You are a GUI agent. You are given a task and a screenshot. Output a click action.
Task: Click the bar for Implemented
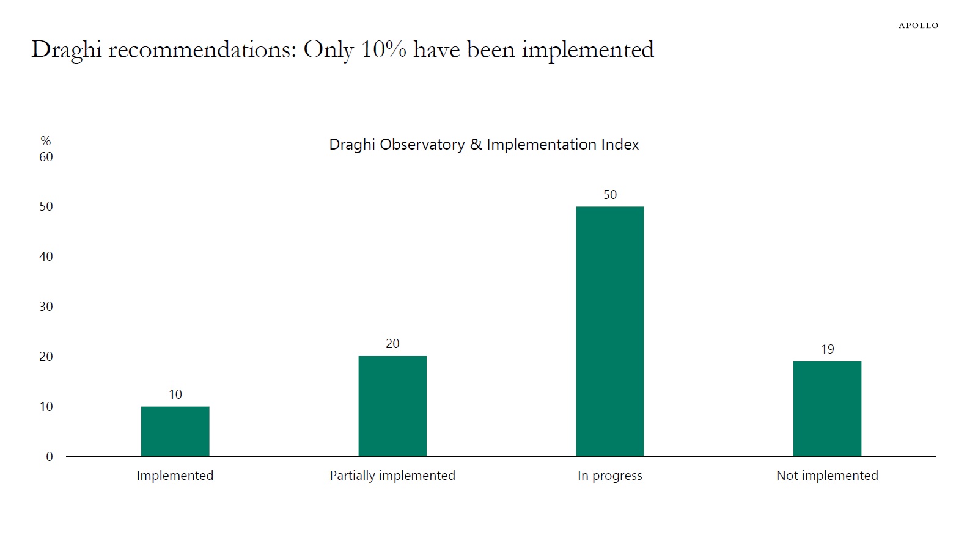tap(175, 431)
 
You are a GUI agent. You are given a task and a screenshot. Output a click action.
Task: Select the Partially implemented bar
tap(392, 406)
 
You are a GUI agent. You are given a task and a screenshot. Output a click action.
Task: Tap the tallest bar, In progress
tap(609, 332)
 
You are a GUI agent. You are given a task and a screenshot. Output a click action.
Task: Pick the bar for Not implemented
tap(827, 408)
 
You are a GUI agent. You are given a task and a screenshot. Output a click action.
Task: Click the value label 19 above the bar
tap(827, 349)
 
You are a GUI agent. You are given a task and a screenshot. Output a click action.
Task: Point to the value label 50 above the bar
tap(609, 195)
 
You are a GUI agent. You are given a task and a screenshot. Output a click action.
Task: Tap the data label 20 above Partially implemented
tap(392, 344)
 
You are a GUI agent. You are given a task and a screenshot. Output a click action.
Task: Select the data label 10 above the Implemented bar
tap(175, 394)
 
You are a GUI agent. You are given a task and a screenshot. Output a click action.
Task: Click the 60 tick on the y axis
tap(46, 157)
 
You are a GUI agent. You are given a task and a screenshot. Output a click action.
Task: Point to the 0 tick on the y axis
tap(50, 457)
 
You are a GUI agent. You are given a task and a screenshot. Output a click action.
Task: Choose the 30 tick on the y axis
tap(46, 307)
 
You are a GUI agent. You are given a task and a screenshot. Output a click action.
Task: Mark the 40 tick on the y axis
tap(46, 256)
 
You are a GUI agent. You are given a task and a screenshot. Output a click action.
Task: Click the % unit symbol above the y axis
tap(46, 141)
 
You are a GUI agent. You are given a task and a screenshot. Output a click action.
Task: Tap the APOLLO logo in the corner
tap(918, 26)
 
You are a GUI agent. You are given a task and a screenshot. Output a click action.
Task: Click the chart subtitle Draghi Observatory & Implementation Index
tap(483, 145)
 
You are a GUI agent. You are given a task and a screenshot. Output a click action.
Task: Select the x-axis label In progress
tap(609, 476)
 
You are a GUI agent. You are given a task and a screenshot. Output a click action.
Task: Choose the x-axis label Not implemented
tap(827, 476)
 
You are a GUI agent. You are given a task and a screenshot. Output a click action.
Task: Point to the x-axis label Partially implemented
tap(392, 476)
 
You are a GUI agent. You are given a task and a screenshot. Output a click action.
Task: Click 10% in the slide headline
tap(383, 49)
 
